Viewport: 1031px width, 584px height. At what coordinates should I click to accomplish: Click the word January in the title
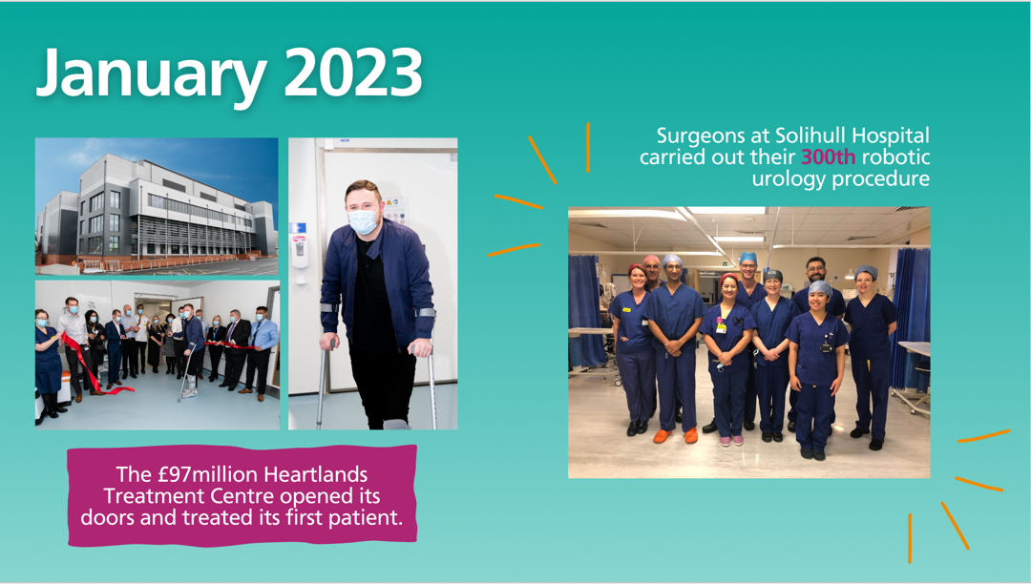151,74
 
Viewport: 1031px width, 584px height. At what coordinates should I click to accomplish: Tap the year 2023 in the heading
353,72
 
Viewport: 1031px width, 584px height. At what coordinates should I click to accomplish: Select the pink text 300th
829,157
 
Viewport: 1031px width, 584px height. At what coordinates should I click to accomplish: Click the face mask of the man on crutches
363,221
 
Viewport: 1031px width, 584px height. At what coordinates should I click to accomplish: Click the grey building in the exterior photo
157,209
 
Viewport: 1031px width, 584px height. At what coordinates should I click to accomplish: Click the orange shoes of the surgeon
675,435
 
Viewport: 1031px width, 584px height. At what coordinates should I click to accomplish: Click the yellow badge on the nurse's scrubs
626,309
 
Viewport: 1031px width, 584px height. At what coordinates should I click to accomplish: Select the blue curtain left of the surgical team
587,311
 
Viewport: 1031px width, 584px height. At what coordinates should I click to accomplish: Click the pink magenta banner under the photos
242,496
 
